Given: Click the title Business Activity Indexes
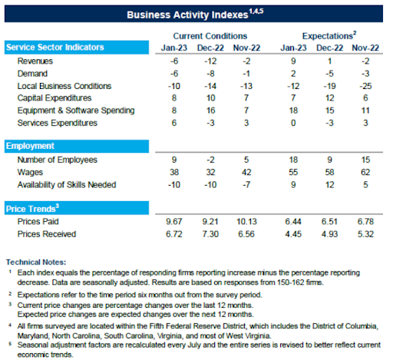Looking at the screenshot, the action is (187, 15).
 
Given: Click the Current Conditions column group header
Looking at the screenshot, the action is (210, 36).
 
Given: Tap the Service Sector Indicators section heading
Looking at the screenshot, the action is (55, 47).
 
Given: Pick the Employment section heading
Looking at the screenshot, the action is (30, 146).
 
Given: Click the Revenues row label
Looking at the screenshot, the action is (35, 61).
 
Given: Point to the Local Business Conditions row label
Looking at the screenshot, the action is (64, 86).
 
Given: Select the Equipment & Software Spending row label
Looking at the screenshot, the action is (76, 111).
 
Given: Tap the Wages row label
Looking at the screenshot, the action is (30, 172).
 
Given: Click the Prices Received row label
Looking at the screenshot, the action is (47, 234).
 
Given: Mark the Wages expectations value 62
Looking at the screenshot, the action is (365, 172).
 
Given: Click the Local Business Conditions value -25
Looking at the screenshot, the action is (365, 86).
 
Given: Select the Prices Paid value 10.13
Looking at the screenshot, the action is (246, 221).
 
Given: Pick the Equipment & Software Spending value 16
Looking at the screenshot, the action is (210, 111).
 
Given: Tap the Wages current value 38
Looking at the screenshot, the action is (174, 172).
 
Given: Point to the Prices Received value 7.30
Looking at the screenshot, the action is (210, 234).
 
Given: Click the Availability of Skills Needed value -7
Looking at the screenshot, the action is (246, 184).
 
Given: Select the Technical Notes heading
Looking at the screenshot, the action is (36, 262).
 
